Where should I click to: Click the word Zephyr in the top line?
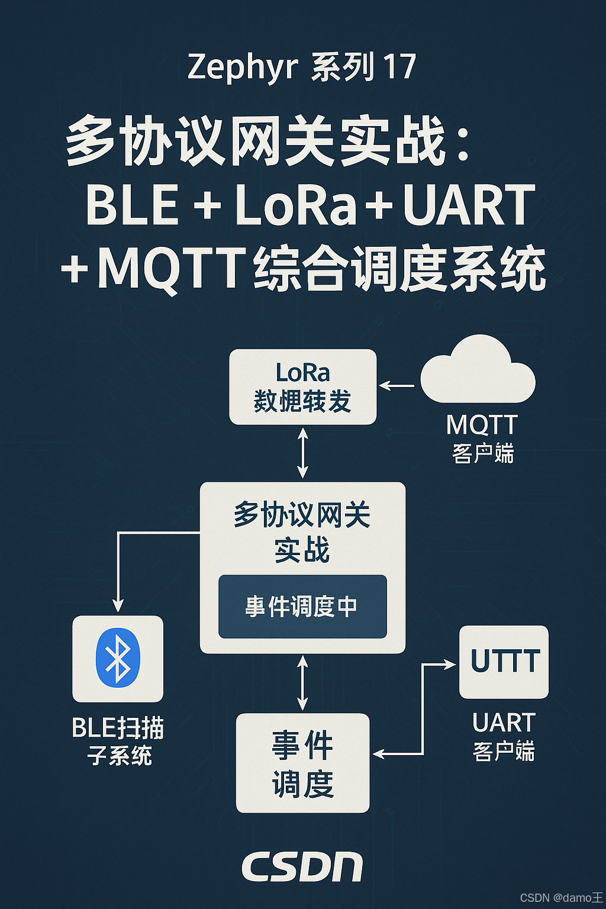click(x=242, y=67)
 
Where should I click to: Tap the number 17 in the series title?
click(x=399, y=66)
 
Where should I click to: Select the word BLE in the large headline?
click(x=132, y=205)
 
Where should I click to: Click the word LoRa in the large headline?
click(x=296, y=205)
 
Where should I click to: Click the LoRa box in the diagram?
click(x=302, y=386)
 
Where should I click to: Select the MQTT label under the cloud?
click(x=482, y=425)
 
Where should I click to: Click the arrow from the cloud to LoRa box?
click(x=397, y=386)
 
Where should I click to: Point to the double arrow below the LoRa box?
click(x=302, y=453)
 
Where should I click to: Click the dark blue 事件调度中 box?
click(x=302, y=607)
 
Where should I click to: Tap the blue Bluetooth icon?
click(x=118, y=657)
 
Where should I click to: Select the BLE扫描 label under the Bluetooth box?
click(x=118, y=728)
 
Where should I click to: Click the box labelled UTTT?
click(x=504, y=662)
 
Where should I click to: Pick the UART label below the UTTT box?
click(x=504, y=723)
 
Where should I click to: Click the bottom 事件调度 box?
click(x=302, y=763)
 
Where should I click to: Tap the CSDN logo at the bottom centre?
click(x=302, y=868)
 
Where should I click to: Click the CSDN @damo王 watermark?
click(x=561, y=898)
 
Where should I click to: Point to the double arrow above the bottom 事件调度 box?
click(x=302, y=683)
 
